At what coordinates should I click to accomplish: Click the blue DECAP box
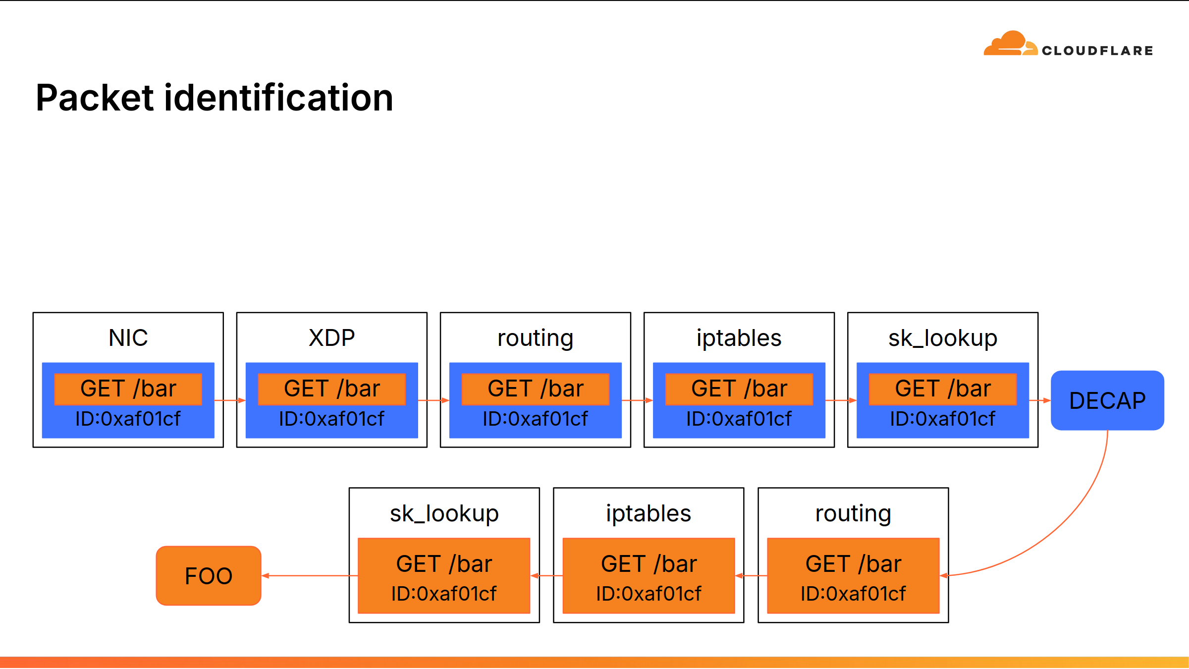(x=1107, y=400)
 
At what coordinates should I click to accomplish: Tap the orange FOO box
(x=209, y=576)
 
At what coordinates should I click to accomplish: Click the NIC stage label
(x=128, y=338)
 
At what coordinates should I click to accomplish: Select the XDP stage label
(x=332, y=338)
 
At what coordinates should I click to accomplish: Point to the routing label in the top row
(x=536, y=339)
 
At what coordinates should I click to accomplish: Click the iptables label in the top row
(x=739, y=339)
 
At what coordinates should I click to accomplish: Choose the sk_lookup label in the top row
(x=943, y=339)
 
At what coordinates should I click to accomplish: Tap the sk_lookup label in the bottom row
(x=444, y=514)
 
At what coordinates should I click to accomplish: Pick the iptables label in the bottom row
(x=649, y=514)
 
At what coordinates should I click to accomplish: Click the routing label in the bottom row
(x=853, y=514)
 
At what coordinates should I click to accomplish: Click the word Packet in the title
(x=95, y=98)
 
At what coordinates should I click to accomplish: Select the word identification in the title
(x=279, y=98)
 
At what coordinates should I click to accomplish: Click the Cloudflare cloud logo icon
(x=1011, y=43)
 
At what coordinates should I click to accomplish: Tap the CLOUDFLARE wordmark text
(x=1097, y=51)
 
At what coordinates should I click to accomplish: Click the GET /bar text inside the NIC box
(x=128, y=389)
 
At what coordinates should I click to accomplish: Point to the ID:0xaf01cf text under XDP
(x=332, y=419)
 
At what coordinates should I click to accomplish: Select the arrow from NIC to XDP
(x=230, y=400)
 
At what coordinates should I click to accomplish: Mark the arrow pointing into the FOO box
(x=310, y=576)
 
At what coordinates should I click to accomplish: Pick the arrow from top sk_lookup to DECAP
(x=1040, y=400)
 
